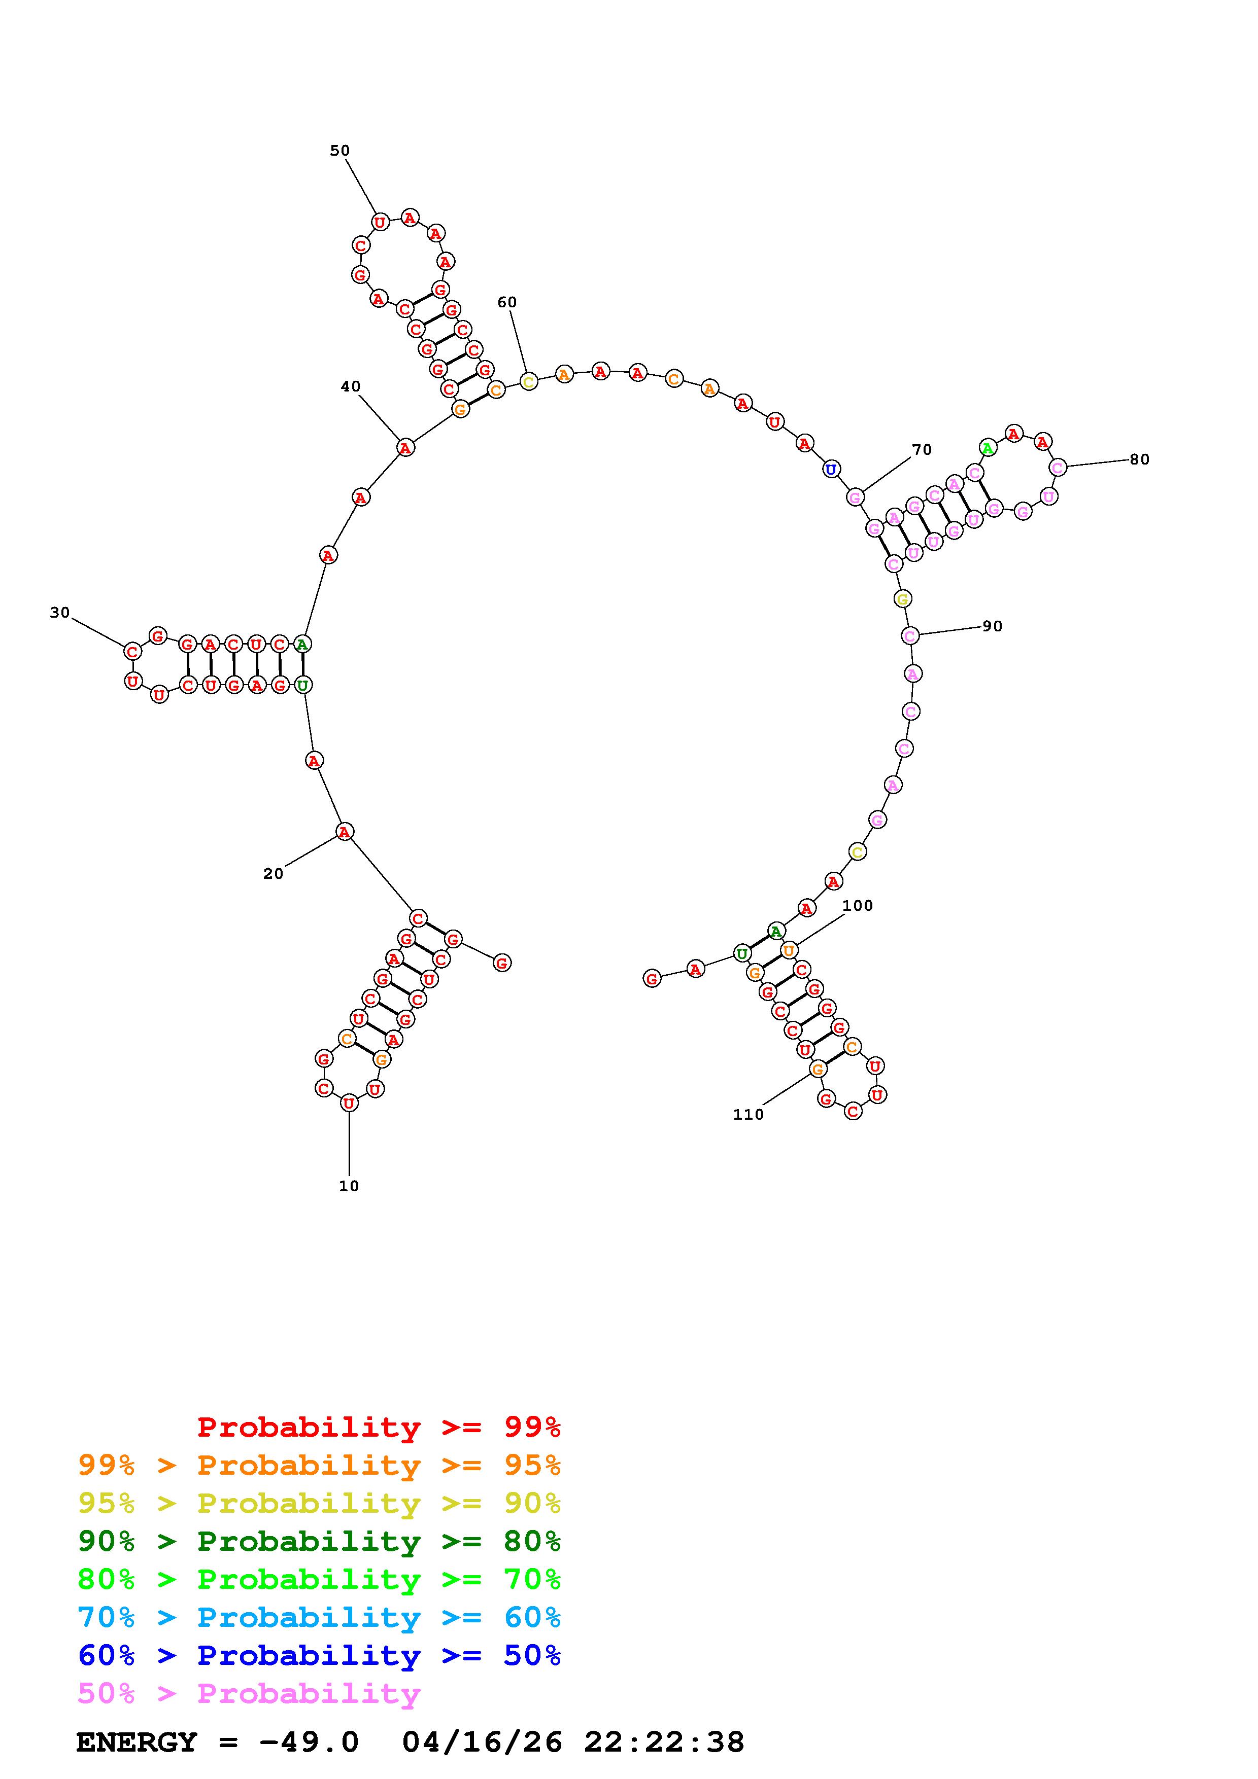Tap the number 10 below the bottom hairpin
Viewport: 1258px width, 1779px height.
349,1186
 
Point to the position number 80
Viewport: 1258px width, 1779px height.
1139,459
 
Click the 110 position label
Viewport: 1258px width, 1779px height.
748,1114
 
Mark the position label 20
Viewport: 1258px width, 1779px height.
273,873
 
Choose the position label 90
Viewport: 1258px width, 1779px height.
992,626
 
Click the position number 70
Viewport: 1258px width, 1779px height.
922,449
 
